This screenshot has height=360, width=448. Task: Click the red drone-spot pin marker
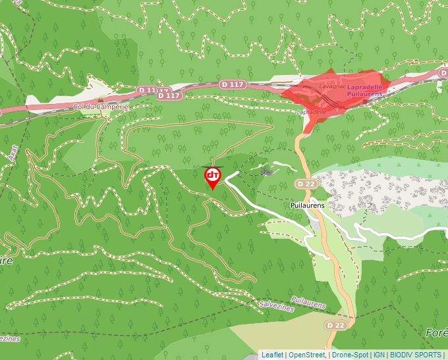(212, 176)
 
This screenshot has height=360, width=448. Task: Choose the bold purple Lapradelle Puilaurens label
(364, 91)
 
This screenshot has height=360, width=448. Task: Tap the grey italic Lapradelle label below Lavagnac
(312, 112)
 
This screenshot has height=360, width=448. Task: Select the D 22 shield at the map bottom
(335, 325)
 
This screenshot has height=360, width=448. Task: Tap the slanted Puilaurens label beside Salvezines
(308, 303)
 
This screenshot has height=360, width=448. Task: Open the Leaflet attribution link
(272, 355)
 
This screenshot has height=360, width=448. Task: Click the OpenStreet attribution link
(307, 355)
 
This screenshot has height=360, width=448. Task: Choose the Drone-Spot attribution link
(350, 355)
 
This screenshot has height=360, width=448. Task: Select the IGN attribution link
(379, 355)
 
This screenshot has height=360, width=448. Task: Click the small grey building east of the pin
(267, 172)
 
